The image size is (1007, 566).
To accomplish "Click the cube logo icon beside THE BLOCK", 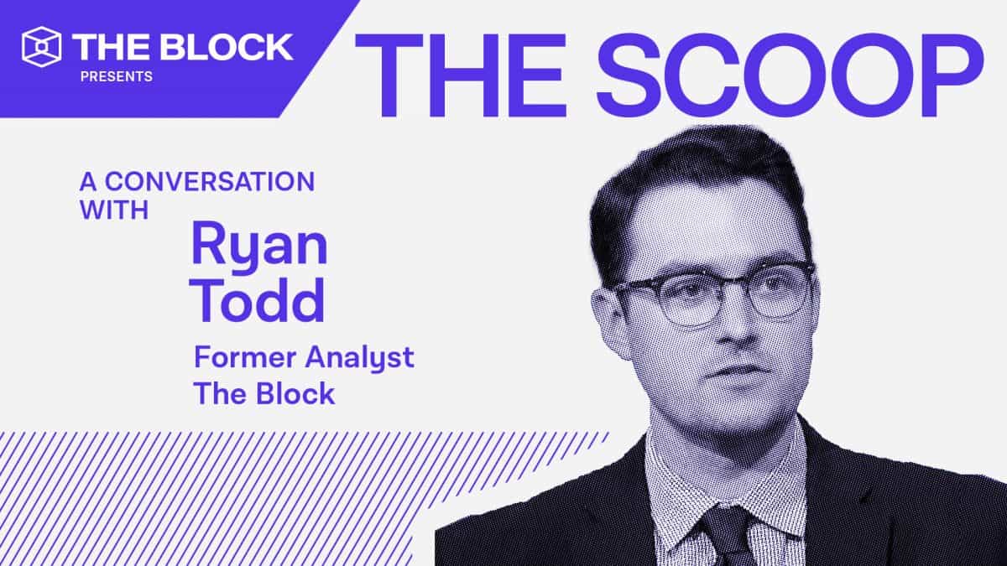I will [43, 47].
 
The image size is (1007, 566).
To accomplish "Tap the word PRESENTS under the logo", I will [116, 77].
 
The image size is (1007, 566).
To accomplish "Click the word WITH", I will [114, 210].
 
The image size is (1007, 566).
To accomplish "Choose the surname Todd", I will [258, 301].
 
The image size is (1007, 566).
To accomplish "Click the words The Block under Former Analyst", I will [264, 392].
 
